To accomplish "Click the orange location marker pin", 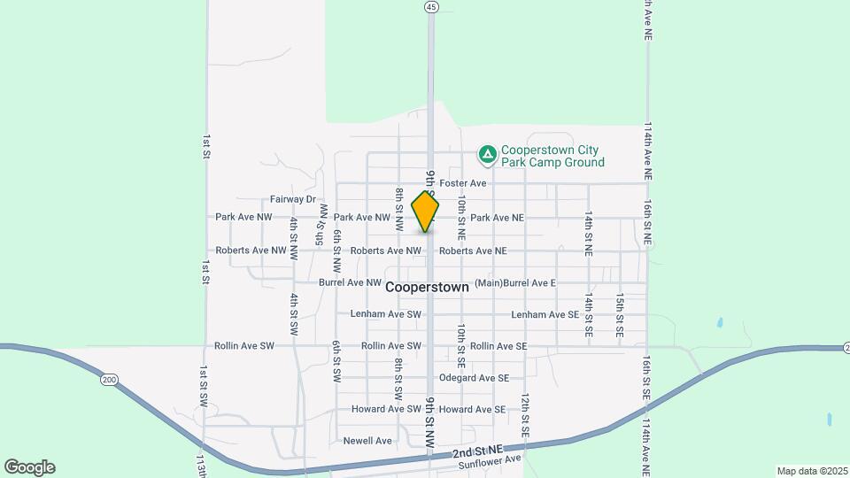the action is [425, 212].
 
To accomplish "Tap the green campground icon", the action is [487, 156].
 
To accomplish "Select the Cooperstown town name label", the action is [427, 288].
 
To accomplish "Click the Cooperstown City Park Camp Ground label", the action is [552, 156].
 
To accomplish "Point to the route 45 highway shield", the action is [430, 6].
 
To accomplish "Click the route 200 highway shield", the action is [109, 380].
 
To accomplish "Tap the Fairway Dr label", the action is [293, 200].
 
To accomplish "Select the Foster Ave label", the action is [463, 183].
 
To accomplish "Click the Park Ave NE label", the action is [497, 218].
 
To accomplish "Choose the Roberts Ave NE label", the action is [473, 251].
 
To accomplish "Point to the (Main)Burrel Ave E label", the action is [514, 283].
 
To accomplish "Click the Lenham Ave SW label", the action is [386, 314].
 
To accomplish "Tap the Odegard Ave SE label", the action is [474, 378].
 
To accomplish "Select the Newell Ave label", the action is [367, 441].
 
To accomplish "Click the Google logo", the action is [29, 467].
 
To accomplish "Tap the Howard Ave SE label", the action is [472, 410].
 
